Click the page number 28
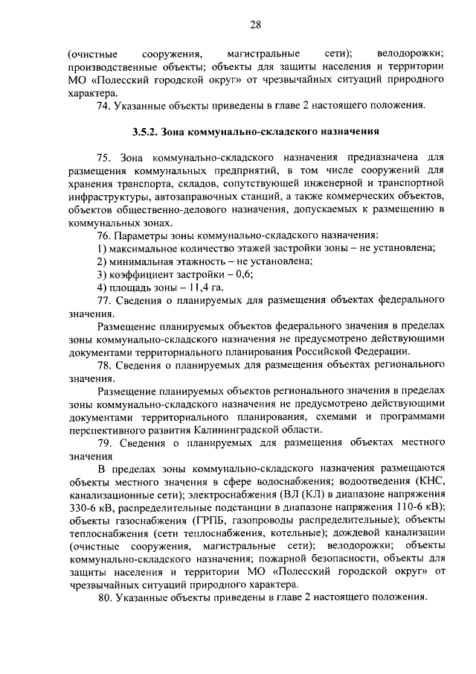(x=255, y=25)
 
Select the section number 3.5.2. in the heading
(x=146, y=132)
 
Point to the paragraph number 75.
(x=106, y=159)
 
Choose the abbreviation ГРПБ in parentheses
(x=202, y=518)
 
